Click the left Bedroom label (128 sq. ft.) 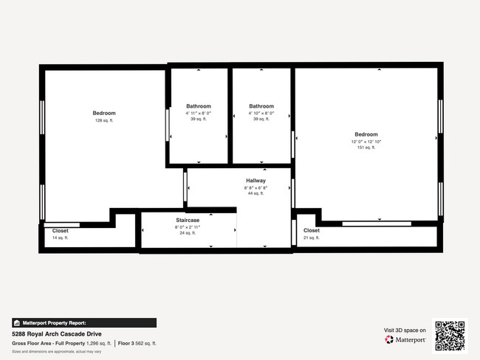tap(104, 113)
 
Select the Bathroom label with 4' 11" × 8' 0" tap(199, 106)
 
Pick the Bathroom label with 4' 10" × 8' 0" tap(261, 106)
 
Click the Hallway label tap(256, 181)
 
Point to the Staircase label tap(188, 220)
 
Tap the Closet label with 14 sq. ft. tap(61, 231)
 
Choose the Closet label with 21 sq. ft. tap(312, 231)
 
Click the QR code tap(450, 335)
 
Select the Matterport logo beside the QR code tap(405, 340)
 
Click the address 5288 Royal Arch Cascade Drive tap(56, 334)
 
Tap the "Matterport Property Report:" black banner tap(84, 322)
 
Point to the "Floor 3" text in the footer tap(126, 344)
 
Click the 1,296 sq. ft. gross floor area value tap(99, 344)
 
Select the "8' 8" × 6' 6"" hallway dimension tap(256, 187)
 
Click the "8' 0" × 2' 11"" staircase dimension tap(188, 226)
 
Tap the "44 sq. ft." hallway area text tap(256, 193)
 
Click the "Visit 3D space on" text tap(405, 330)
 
